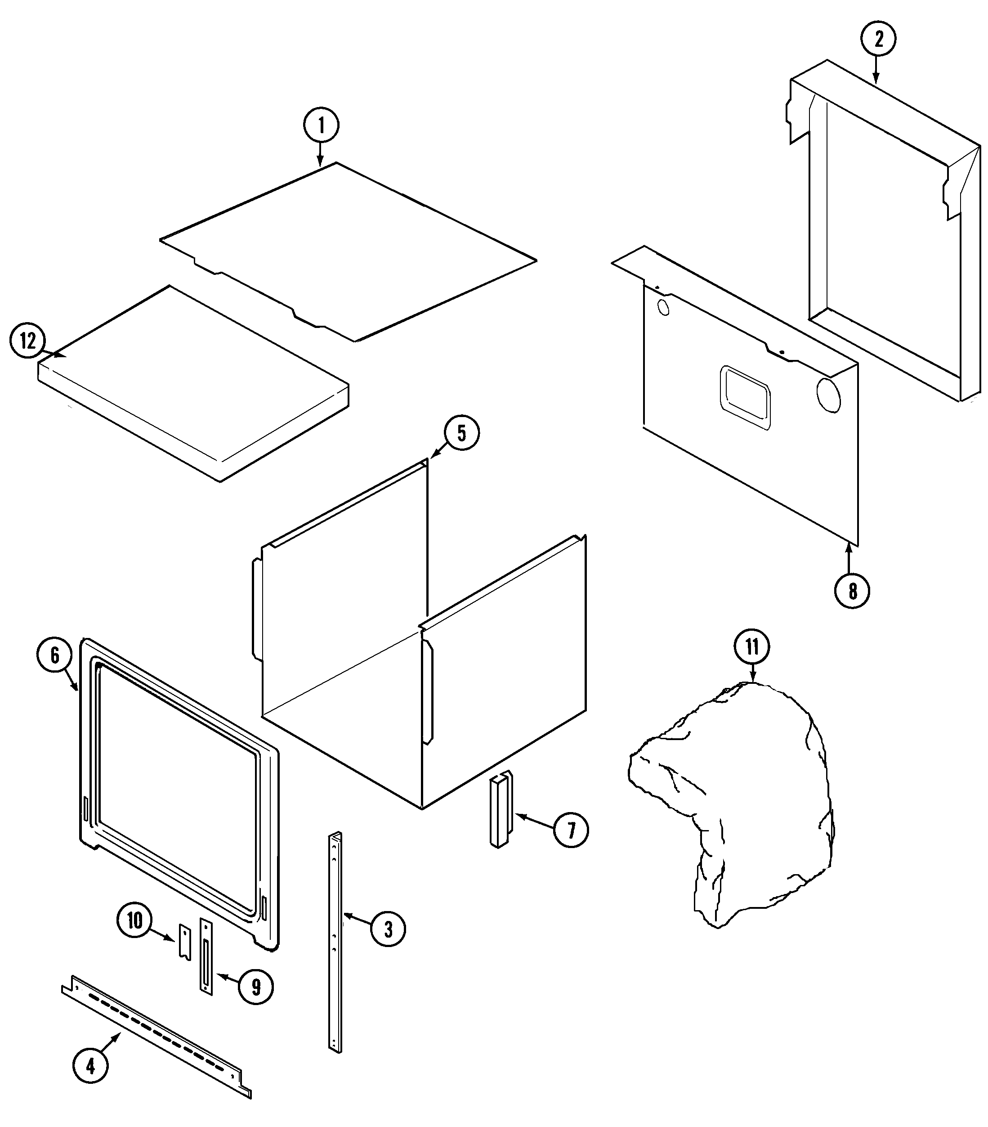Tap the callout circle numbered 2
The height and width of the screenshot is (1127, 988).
(x=878, y=39)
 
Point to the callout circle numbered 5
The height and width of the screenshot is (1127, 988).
(x=461, y=433)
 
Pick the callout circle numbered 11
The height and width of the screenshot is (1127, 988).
(x=752, y=647)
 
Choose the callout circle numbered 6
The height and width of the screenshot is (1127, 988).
(x=54, y=655)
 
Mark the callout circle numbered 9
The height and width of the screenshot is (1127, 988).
(x=256, y=988)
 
